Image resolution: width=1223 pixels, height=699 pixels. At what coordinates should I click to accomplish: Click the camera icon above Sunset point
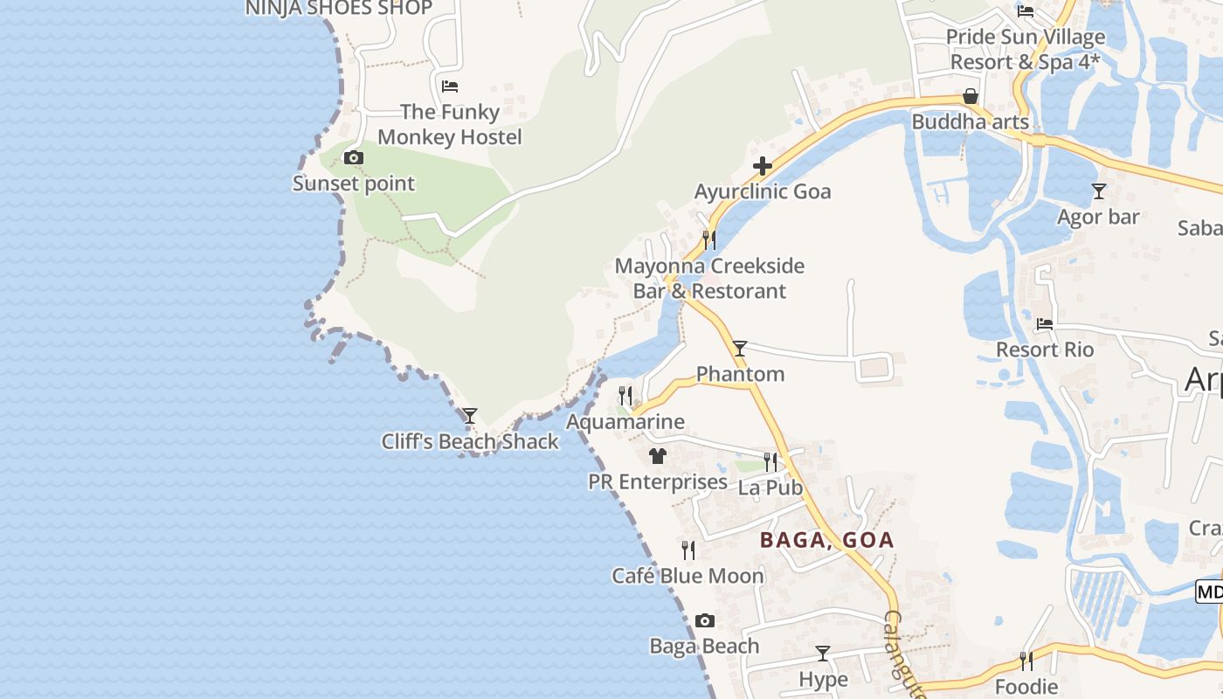pos(354,158)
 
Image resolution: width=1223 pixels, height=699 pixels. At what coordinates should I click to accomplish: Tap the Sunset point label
pos(354,183)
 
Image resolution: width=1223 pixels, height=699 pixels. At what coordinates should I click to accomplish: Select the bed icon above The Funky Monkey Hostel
pos(450,87)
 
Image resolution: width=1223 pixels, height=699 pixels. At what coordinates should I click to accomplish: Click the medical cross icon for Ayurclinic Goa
pos(763,166)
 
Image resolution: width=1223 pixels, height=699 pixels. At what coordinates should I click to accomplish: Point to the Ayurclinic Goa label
pos(763,191)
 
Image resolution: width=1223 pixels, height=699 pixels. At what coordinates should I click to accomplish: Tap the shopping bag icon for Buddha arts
pos(970,96)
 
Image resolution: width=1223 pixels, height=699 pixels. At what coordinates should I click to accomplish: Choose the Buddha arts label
pos(970,121)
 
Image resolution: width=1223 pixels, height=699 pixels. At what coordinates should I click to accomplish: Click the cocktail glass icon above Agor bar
pos(1099,190)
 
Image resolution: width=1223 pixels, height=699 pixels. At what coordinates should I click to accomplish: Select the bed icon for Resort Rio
pos(1045,324)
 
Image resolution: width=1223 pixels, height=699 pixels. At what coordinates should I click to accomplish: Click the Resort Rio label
pos(1045,349)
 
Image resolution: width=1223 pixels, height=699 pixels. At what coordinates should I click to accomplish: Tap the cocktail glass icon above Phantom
pos(740,349)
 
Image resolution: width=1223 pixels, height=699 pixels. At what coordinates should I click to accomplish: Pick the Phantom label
pos(740,374)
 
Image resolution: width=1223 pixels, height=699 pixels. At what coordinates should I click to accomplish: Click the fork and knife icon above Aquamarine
pos(625,396)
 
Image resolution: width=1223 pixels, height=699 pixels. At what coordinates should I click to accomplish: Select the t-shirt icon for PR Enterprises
pos(658,456)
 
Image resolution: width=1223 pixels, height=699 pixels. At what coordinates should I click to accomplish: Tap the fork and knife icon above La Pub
pos(770,461)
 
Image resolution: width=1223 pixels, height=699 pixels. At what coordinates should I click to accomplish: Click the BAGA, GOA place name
pos(826,539)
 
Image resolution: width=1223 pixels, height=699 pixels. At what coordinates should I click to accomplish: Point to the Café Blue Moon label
pos(688,576)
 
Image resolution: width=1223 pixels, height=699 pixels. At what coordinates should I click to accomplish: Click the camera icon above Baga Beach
pos(705,621)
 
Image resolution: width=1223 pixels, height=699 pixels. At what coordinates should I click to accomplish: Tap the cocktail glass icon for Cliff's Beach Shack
pos(470,416)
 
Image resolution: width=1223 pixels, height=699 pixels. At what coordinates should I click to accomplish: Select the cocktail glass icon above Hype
pos(823,654)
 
